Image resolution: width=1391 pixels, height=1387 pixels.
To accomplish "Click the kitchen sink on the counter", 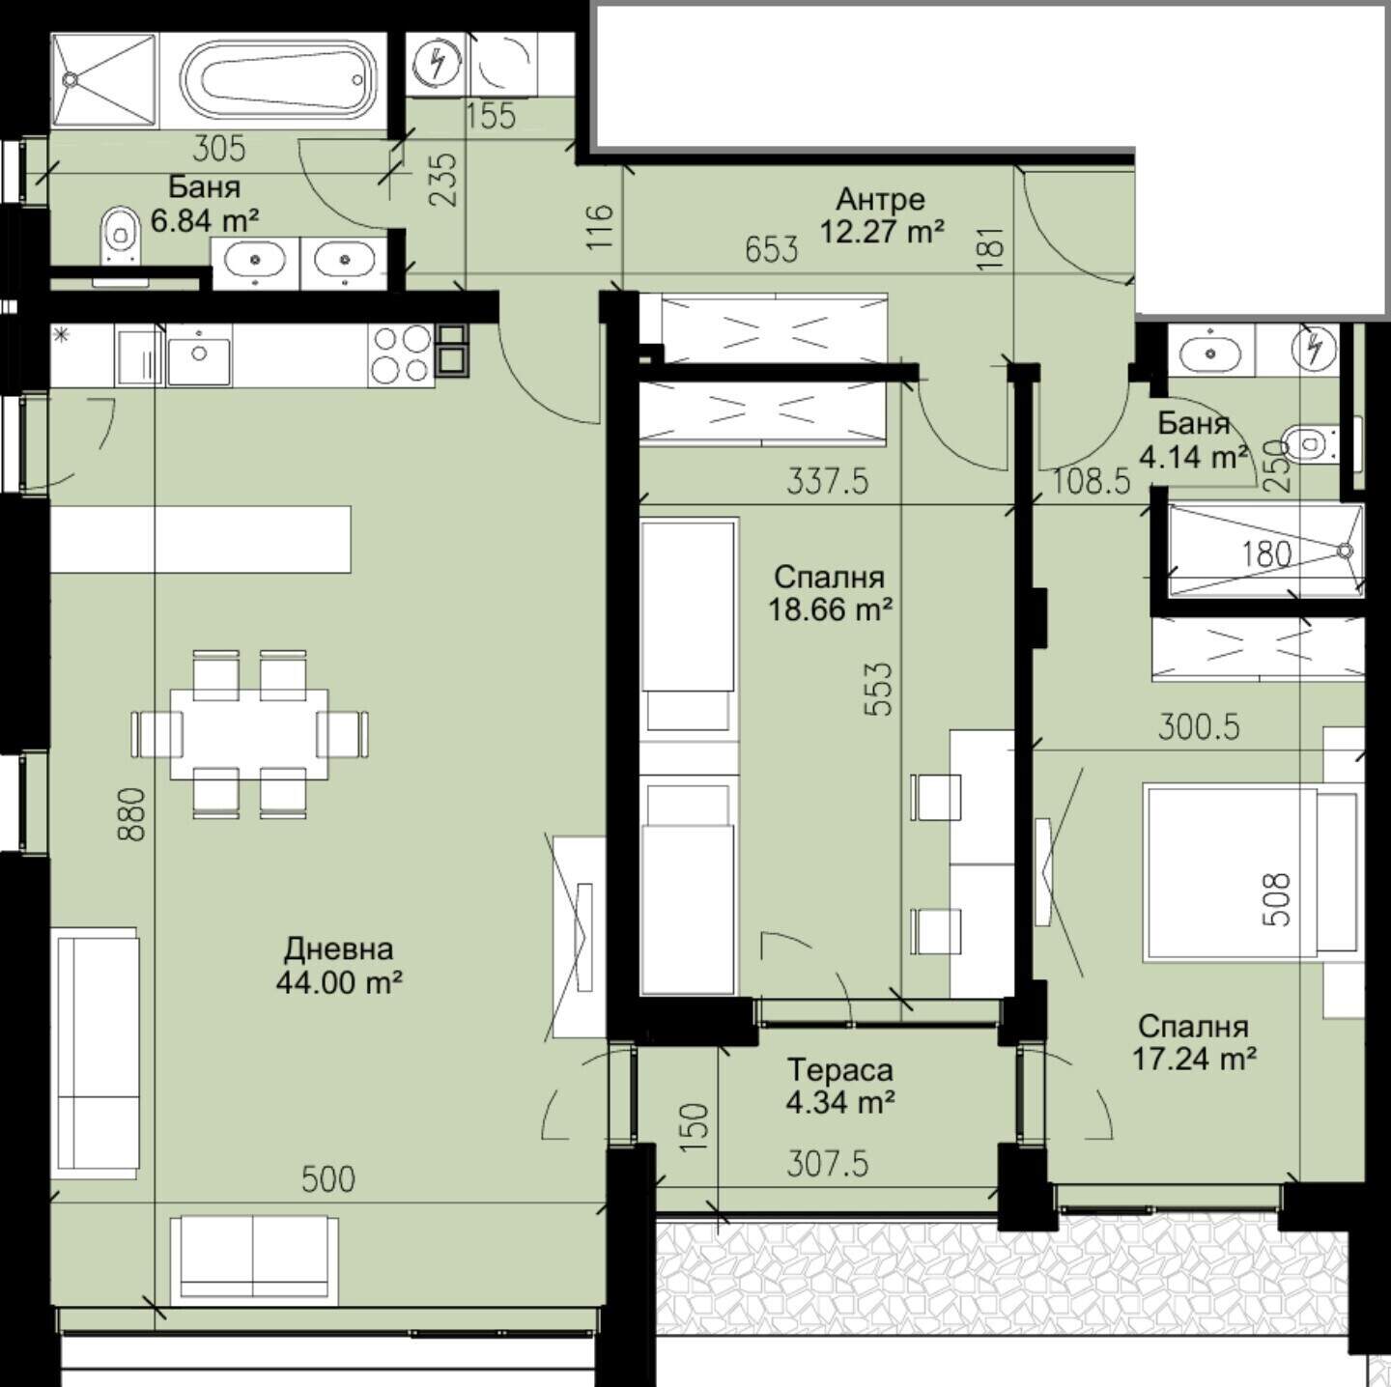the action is (199, 354).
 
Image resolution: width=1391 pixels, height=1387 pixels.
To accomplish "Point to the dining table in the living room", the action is (249, 734).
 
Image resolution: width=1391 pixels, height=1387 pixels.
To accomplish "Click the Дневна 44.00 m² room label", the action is (338, 965).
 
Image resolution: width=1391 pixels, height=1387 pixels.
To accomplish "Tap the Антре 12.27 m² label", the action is (881, 215).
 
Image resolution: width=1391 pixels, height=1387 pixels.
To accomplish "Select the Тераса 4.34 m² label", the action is (840, 1086).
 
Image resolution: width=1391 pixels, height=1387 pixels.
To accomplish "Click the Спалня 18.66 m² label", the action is (830, 593).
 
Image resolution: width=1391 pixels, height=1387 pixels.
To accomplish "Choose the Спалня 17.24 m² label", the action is (1194, 1042).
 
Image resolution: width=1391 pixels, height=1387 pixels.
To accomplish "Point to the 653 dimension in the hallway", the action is (772, 249).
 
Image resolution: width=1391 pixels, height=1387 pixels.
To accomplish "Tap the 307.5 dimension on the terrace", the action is (827, 1163).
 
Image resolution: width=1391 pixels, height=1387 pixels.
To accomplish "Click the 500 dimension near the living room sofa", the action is (328, 1179).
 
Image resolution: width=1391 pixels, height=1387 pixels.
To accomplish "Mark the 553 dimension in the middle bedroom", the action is (880, 690).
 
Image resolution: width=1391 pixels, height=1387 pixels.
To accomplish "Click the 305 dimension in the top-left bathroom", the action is (219, 149).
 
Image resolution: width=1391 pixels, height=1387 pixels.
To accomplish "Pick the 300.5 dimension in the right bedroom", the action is (1199, 728).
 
